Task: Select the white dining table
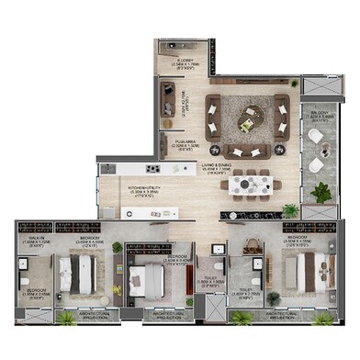(253, 185)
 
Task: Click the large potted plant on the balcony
(321, 192)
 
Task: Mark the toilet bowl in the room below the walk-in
(26, 279)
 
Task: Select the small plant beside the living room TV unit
(296, 84)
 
